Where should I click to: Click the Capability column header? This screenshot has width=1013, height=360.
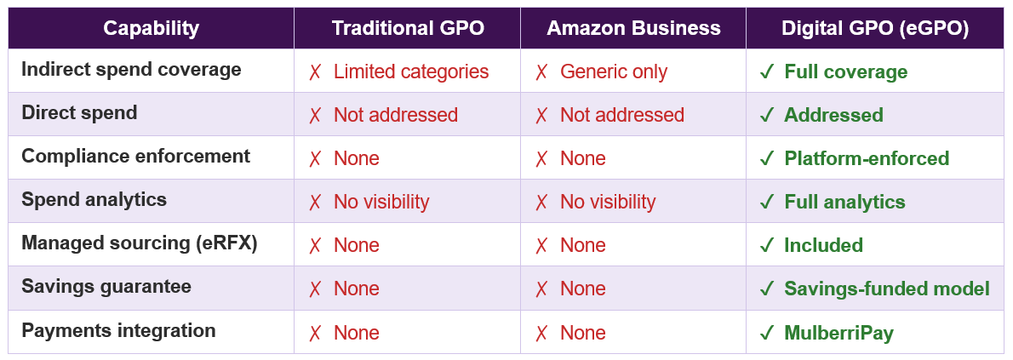(151, 28)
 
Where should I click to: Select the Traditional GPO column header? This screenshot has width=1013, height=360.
(408, 28)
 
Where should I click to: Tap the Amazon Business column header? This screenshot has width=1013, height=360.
(633, 28)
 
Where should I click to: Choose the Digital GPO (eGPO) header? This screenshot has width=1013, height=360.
(875, 28)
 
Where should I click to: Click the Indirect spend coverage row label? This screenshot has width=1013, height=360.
(131, 70)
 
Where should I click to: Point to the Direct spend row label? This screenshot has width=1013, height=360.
(79, 113)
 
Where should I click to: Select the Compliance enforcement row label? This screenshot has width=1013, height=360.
(135, 157)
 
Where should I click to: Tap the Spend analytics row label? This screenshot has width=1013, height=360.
(94, 200)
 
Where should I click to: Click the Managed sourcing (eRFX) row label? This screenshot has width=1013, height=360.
(139, 243)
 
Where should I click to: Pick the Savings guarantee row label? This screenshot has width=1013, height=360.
(106, 287)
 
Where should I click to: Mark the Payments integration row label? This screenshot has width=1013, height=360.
(118, 330)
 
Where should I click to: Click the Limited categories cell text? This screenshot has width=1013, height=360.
(411, 72)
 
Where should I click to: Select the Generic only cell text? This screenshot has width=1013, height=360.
(614, 72)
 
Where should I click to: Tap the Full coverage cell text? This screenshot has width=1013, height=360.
(845, 72)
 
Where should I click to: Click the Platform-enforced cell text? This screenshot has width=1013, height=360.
(867, 159)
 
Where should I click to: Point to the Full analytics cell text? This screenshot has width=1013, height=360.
(844, 203)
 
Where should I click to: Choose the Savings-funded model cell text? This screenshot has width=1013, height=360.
(887, 289)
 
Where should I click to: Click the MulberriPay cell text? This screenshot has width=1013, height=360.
(838, 333)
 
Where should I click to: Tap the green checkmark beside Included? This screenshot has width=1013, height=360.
(766, 246)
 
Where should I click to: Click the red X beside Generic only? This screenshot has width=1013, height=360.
(541, 72)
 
